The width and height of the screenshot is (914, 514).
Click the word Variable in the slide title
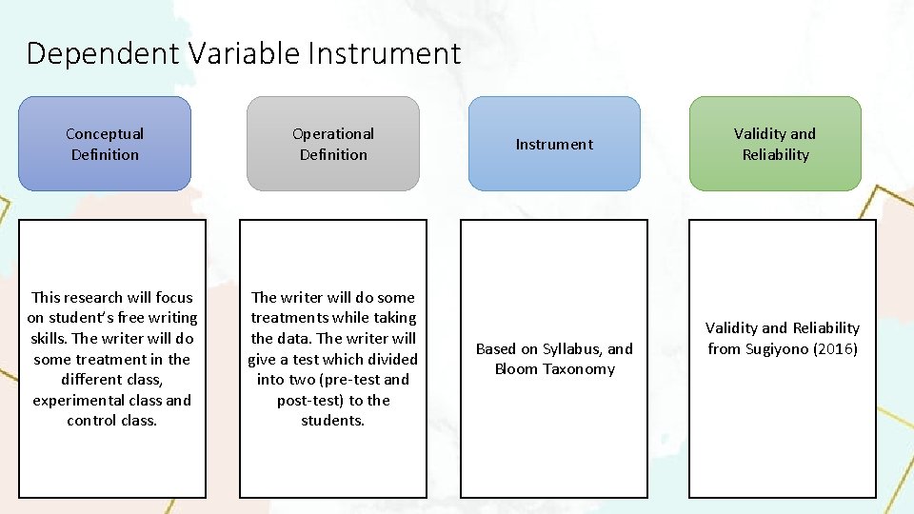pyautogui.click(x=242, y=53)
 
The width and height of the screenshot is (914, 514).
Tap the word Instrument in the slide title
pyautogui.click(x=384, y=53)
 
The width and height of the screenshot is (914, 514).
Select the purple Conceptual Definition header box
pyautogui.click(x=105, y=144)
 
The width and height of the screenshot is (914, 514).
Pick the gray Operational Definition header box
pyautogui.click(x=333, y=144)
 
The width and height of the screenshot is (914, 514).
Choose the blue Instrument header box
pyautogui.click(x=554, y=144)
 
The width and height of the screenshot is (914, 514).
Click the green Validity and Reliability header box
pyautogui.click(x=775, y=144)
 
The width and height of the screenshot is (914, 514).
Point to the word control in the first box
pyautogui.click(x=89, y=421)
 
